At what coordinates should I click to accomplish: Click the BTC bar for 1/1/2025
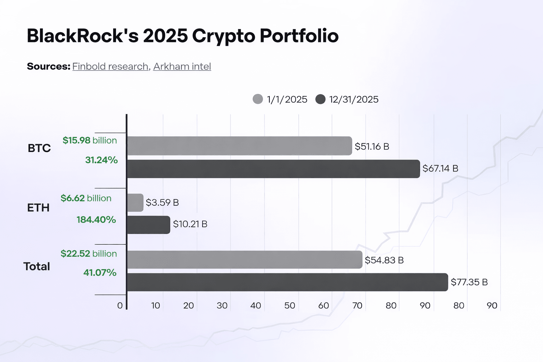pos(239,146)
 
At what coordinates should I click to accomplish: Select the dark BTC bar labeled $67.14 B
pos(273,169)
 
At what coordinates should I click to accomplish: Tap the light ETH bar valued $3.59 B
pos(135,203)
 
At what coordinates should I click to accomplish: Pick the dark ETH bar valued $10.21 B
pos(148,225)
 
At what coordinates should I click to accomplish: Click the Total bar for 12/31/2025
pos(287,282)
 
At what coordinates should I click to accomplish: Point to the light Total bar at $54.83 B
pos(244,260)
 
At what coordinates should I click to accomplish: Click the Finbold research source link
pos(110,66)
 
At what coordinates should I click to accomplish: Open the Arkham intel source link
pos(182,66)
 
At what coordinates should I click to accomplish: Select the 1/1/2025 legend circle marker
pos(258,99)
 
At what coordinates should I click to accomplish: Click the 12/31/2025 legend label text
pos(354,99)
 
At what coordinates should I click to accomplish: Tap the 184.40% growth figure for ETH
pos(96,220)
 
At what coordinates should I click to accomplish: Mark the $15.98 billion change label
pos(90,140)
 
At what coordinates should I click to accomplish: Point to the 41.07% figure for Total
pos(100,273)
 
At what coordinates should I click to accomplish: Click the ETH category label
pos(38,208)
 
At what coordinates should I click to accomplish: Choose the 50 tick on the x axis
pos(290,305)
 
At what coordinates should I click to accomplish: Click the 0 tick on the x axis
pos(120,305)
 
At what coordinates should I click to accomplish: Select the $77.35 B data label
pos(469,282)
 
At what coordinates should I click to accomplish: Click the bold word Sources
pos(48,66)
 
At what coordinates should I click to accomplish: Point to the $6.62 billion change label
pos(86,198)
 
